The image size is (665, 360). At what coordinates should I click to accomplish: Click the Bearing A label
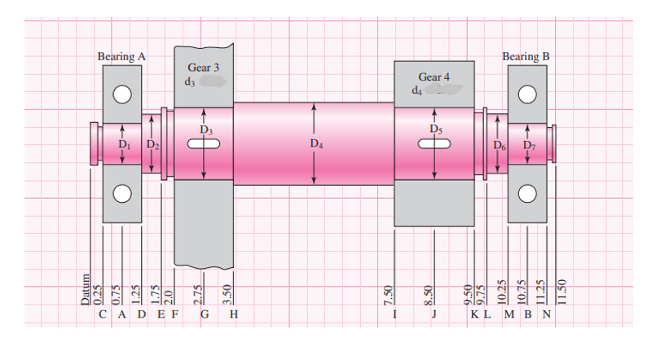tap(121, 57)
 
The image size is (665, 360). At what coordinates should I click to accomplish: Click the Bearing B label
tap(526, 57)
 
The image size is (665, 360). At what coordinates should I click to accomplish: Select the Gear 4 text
tap(434, 77)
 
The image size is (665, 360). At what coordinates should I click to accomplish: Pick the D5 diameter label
tap(435, 128)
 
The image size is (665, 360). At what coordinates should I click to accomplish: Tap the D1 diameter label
tap(124, 144)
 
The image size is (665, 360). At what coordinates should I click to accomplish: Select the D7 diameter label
tap(530, 145)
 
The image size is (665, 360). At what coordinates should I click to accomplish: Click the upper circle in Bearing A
tap(122, 94)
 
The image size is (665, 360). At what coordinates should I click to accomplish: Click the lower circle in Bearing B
tap(527, 193)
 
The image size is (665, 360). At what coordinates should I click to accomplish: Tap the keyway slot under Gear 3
tap(204, 144)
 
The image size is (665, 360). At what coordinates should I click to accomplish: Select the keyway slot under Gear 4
tap(434, 144)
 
